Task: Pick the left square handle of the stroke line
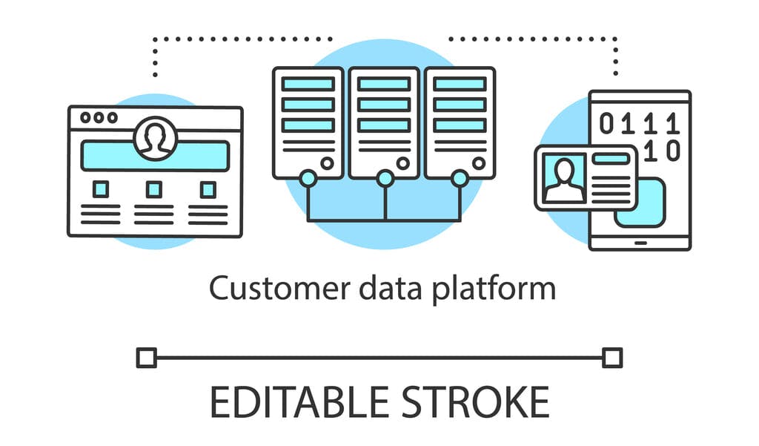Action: pyautogui.click(x=147, y=358)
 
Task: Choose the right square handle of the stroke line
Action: pyautogui.click(x=611, y=358)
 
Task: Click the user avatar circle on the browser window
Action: pyautogui.click(x=155, y=138)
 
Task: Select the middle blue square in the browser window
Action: pyautogui.click(x=153, y=190)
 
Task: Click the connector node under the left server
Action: pyautogui.click(x=308, y=178)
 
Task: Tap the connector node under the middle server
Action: pyautogui.click(x=384, y=178)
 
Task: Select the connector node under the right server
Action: pyautogui.click(x=460, y=178)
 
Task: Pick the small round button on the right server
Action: pyautogui.click(x=479, y=163)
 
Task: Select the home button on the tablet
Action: pyautogui.click(x=640, y=242)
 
